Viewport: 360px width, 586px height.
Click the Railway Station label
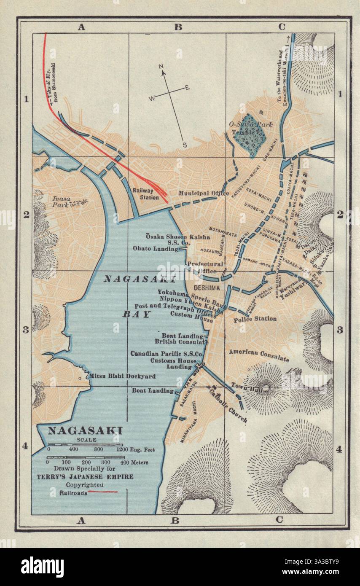145,194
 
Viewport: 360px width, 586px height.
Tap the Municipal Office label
203,194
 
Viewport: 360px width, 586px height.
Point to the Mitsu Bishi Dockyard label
122,376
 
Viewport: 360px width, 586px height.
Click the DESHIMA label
207,288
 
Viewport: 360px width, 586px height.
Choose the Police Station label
255,319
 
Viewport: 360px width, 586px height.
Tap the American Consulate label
259,355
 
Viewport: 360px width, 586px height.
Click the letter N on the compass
161,67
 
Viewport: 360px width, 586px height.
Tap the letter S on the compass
184,145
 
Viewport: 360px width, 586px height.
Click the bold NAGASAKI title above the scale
85,430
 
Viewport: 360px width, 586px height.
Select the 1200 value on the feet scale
122,450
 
